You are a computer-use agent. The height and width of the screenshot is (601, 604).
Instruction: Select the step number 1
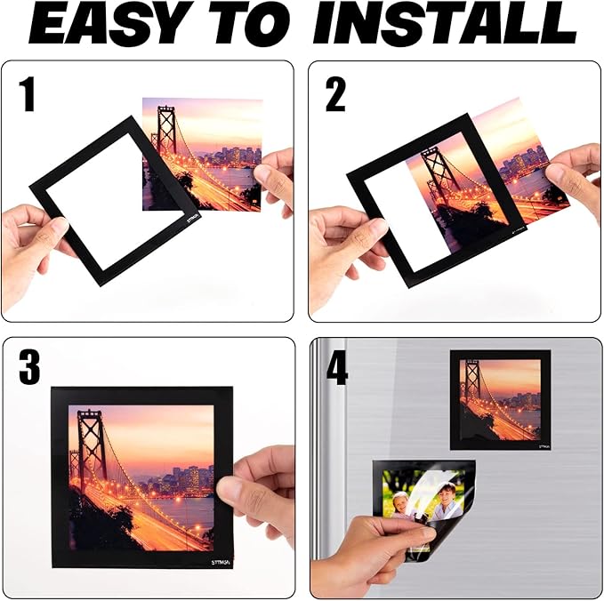(x=28, y=94)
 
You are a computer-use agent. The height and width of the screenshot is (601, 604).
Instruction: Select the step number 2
(x=335, y=94)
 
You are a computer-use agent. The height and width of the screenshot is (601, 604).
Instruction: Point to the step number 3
(x=29, y=367)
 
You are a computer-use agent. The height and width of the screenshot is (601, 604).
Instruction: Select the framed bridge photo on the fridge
(x=499, y=398)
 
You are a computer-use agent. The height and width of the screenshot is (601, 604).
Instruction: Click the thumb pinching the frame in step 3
(x=233, y=488)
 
